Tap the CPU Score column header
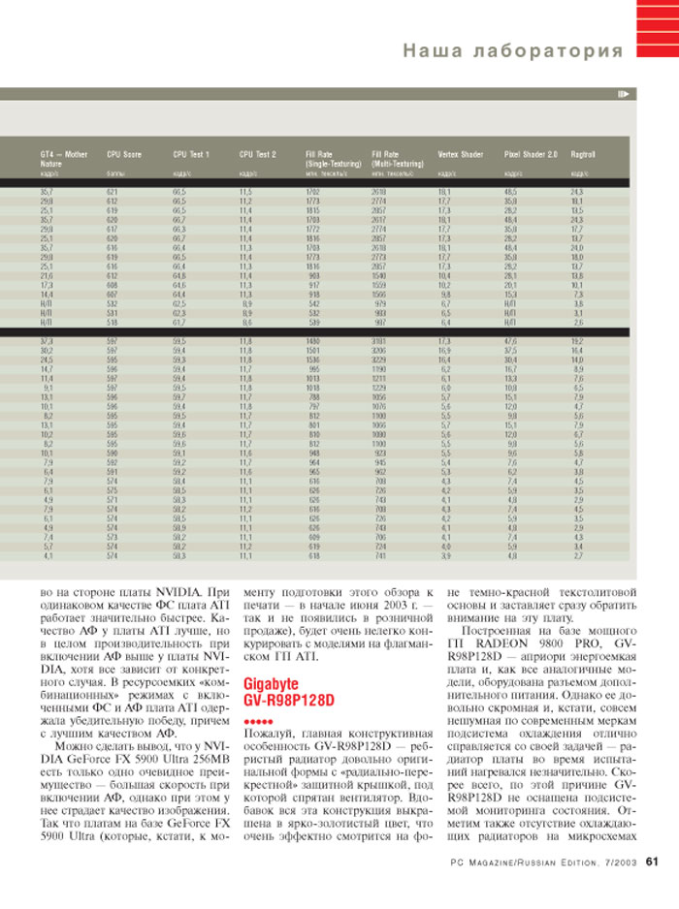point(124,154)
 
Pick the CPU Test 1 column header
point(191,154)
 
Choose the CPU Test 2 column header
point(257,154)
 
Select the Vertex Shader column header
point(461,154)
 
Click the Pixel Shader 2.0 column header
point(531,154)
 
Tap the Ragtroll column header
point(583,154)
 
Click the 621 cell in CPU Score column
point(112,193)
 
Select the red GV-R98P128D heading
point(288,699)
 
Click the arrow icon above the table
point(623,93)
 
